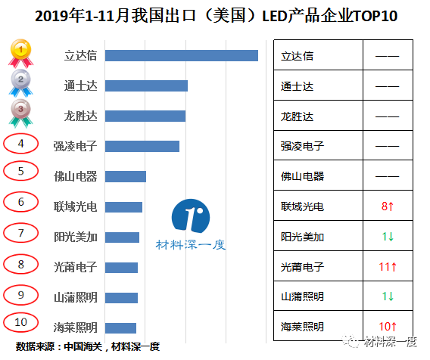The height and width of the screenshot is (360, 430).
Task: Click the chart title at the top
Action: click(216, 15)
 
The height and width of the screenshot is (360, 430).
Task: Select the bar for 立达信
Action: click(182, 55)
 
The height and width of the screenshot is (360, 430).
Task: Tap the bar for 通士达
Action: click(146, 85)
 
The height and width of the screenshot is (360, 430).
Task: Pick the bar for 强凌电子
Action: click(142, 146)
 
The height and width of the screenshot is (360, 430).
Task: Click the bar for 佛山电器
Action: click(126, 176)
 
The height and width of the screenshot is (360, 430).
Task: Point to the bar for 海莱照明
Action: click(120, 327)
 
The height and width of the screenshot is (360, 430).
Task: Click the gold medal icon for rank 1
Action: click(20, 52)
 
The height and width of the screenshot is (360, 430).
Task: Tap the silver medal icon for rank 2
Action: click(20, 82)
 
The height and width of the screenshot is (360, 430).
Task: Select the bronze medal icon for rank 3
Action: click(20, 112)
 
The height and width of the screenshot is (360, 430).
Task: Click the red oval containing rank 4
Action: click(21, 143)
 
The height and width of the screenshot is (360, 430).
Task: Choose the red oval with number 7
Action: click(21, 233)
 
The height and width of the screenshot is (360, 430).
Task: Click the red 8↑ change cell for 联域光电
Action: click(388, 206)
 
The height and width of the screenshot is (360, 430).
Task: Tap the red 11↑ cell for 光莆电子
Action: click(388, 266)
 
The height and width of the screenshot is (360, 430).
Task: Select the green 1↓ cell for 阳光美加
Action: click(388, 237)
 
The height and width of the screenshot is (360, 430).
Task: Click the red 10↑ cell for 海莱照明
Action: click(388, 327)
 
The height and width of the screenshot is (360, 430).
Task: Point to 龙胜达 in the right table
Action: click(297, 116)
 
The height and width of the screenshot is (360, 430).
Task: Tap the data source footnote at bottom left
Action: click(87, 346)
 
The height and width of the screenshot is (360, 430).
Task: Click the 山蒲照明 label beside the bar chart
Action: click(76, 297)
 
